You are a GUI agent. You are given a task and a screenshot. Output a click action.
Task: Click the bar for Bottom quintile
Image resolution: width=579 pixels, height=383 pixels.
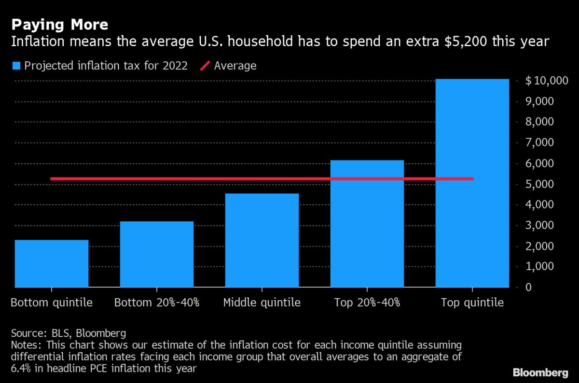52,264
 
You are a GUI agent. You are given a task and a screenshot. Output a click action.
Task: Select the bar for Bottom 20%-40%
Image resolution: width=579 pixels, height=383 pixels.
157,254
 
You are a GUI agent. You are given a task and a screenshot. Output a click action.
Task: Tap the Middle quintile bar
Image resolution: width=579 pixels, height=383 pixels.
262,240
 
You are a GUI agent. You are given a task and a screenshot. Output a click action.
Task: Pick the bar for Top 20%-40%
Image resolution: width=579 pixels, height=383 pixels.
367,224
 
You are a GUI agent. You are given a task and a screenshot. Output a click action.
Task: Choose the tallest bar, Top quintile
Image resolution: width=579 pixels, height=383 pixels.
472,183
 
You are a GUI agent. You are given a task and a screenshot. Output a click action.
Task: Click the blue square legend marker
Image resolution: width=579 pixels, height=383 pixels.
16,66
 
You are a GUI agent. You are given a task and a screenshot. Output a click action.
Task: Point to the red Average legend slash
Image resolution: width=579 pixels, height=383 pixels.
205,66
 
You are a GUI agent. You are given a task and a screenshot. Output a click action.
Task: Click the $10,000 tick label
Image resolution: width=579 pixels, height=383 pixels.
547,81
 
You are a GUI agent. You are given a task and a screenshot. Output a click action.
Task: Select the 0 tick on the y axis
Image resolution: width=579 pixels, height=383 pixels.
530,288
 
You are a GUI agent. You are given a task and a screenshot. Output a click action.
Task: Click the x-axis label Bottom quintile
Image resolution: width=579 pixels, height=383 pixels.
52,303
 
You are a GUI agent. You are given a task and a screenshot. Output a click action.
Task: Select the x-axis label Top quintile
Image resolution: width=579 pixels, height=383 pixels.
472,303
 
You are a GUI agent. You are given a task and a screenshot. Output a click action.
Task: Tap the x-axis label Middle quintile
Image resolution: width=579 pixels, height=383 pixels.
262,303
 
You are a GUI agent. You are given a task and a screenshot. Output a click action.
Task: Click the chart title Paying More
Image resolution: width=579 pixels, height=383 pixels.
59,25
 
